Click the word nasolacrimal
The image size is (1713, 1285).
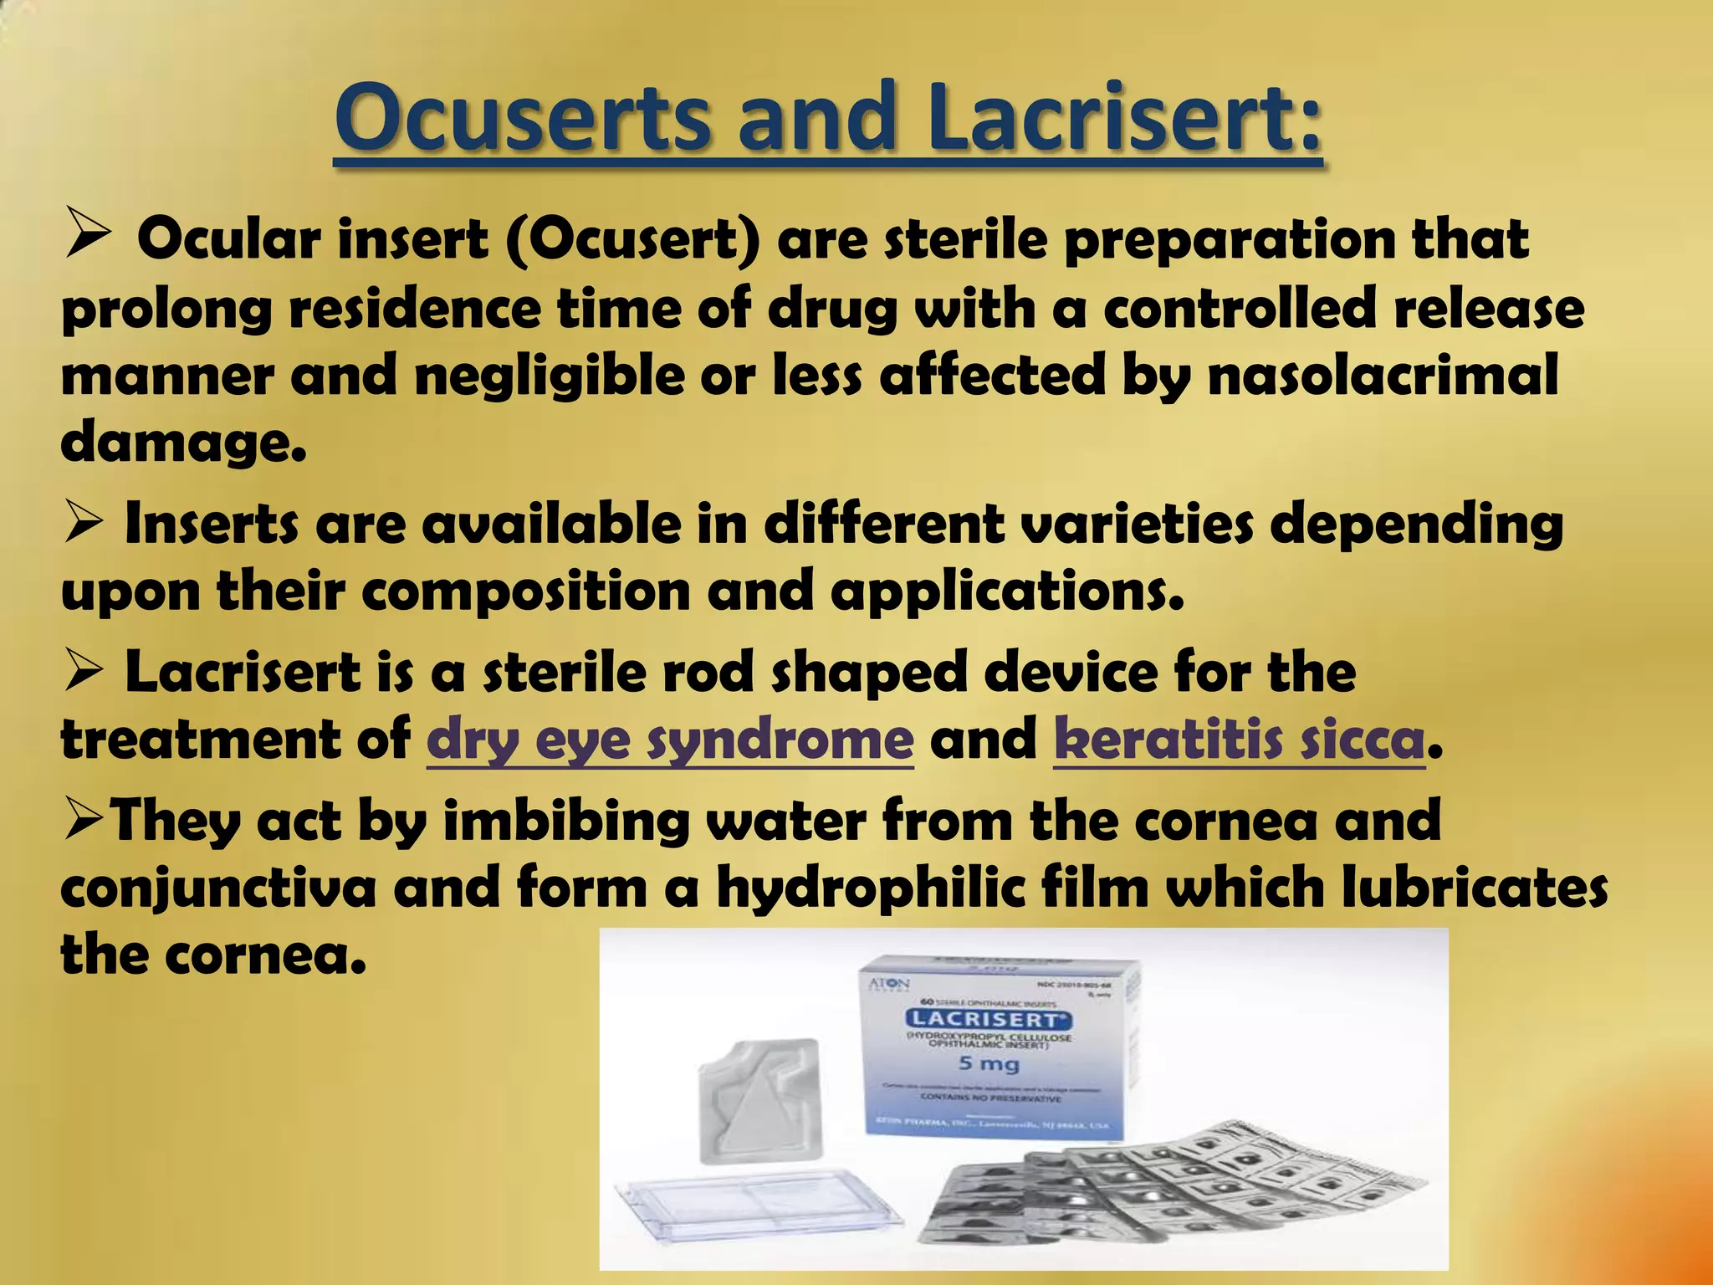(x=1383, y=376)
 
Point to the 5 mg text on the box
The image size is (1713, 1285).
(x=988, y=1064)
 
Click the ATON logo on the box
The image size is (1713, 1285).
(x=888, y=984)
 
